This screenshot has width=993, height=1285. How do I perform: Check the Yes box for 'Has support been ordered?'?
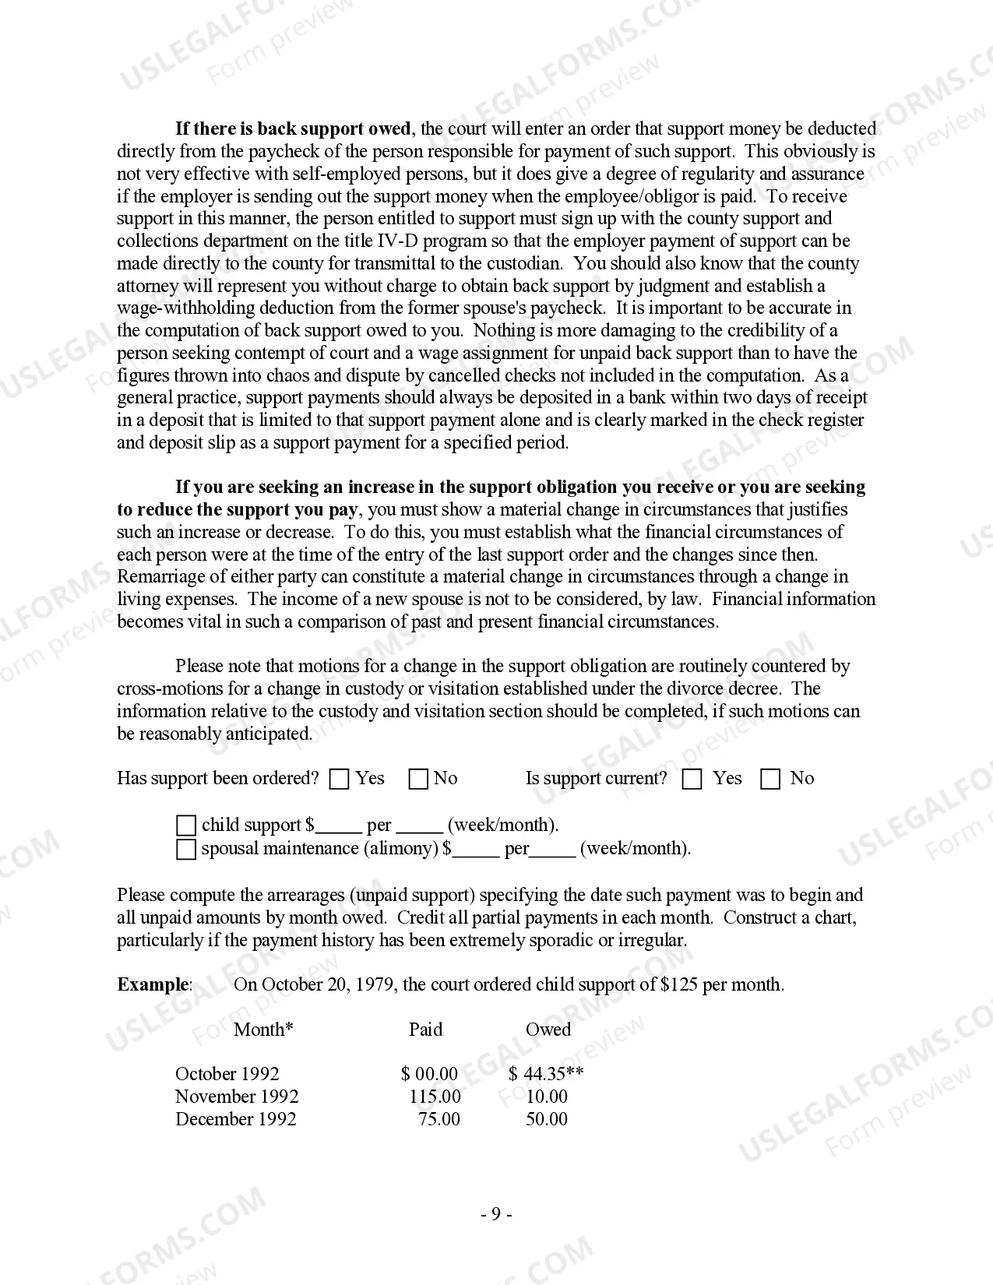click(340, 780)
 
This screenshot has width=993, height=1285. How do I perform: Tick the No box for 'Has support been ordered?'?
click(418, 780)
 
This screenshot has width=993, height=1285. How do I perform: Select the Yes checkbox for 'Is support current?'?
click(692, 780)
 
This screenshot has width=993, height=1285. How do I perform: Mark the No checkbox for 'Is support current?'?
click(770, 780)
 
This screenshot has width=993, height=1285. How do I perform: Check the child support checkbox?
click(186, 826)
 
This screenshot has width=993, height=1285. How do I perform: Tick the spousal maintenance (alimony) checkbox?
click(186, 849)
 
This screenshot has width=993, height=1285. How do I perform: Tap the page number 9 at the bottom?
click(496, 1214)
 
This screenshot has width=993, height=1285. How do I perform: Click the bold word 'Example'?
click(153, 984)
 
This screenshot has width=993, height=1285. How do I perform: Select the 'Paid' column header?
click(425, 1030)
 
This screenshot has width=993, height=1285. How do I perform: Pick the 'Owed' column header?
click(548, 1030)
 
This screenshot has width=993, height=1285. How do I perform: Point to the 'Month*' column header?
click(263, 1030)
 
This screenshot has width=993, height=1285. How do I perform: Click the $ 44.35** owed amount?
click(546, 1074)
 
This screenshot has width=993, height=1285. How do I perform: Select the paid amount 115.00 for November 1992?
click(435, 1097)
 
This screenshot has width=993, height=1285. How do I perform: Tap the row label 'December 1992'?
click(236, 1119)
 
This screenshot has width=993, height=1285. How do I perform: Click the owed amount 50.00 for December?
click(547, 1119)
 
